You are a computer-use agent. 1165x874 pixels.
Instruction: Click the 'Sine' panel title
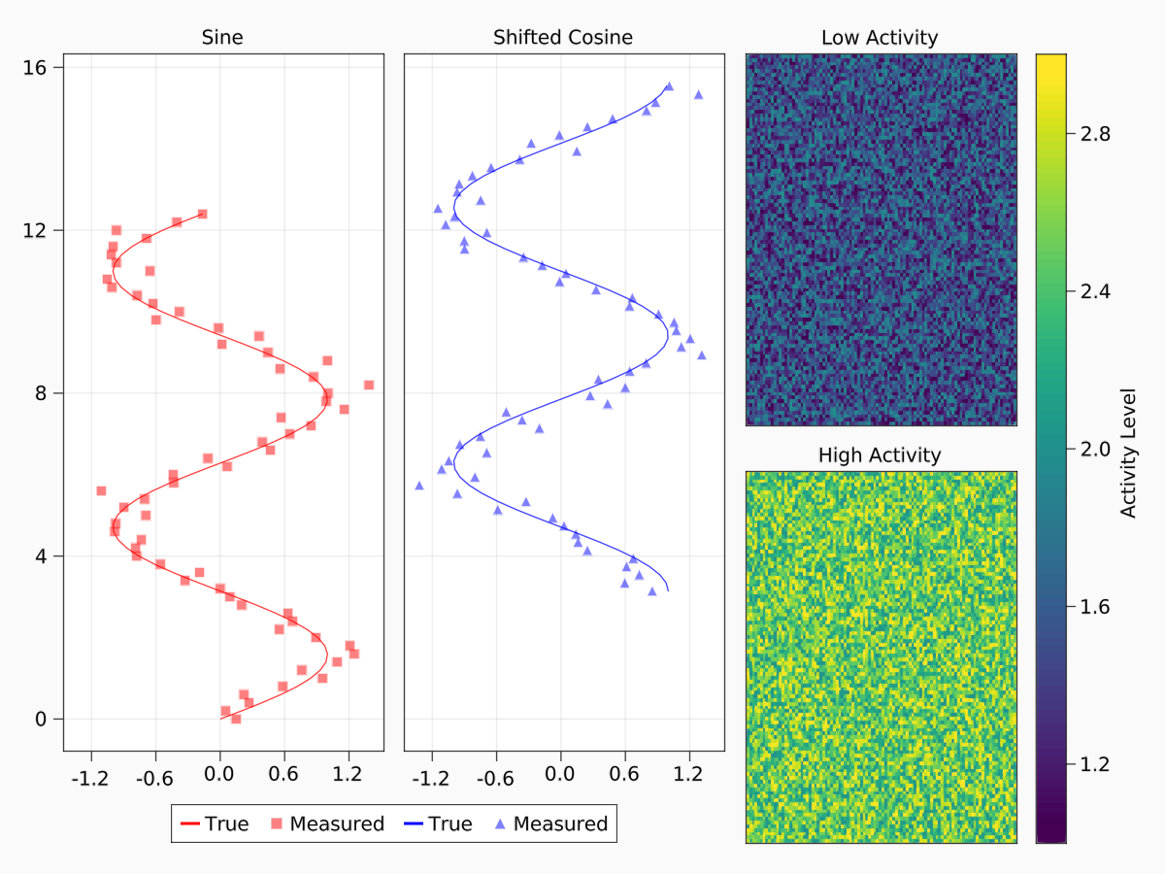(222, 38)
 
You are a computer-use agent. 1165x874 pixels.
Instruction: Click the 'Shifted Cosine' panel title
(563, 38)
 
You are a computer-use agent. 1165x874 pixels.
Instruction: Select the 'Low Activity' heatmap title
(880, 38)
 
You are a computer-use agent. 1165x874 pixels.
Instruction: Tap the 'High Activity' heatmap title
(880, 454)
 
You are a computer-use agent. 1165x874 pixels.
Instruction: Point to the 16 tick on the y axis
(43, 67)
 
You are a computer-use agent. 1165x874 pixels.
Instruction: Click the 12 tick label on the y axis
(43, 230)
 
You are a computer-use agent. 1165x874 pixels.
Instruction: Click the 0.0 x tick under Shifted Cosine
(560, 777)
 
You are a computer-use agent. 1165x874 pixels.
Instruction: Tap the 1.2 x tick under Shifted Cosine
(688, 777)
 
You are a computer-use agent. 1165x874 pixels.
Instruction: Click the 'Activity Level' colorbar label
(1128, 453)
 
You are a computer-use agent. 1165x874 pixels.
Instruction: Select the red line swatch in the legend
(189, 824)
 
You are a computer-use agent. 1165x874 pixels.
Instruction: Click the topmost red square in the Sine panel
(202, 214)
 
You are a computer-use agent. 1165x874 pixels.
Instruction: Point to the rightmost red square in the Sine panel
(368, 385)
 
